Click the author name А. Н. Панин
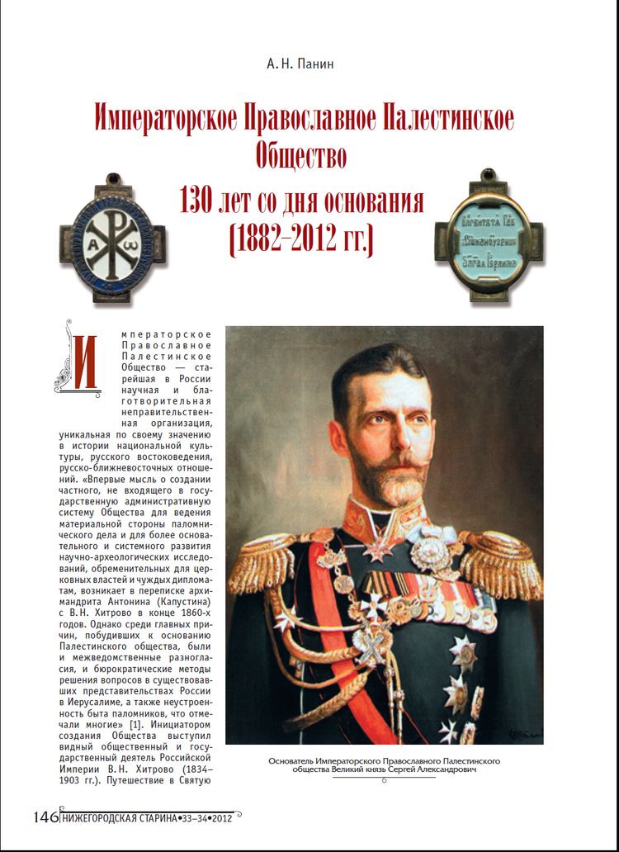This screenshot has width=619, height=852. tap(309, 64)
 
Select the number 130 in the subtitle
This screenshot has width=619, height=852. tap(201, 201)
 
